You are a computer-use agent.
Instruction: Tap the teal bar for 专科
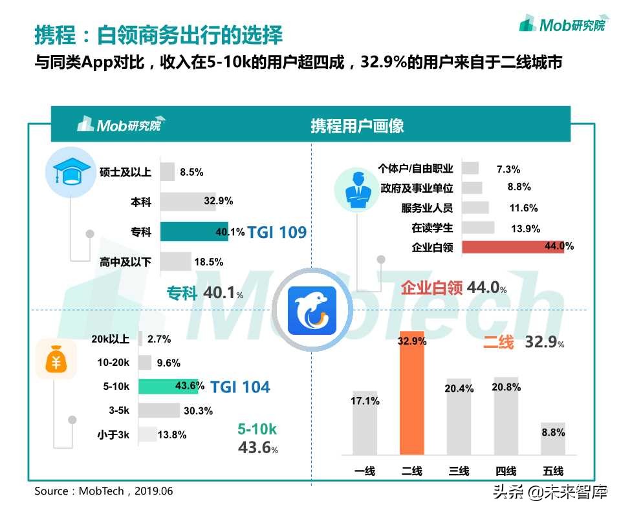(x=194, y=231)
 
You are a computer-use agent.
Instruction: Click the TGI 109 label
(x=277, y=232)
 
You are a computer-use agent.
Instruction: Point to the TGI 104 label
(x=240, y=387)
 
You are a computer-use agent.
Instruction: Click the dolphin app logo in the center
(x=312, y=312)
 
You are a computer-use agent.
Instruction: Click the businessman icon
(x=356, y=189)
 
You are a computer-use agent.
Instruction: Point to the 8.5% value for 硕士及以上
(x=191, y=172)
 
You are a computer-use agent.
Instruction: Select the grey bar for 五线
(x=553, y=438)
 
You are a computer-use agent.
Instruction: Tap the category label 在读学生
(x=432, y=228)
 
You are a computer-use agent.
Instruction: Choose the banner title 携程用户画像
(x=357, y=125)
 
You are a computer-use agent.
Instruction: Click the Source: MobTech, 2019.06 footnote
(x=103, y=491)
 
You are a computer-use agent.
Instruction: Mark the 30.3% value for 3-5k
(x=198, y=411)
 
